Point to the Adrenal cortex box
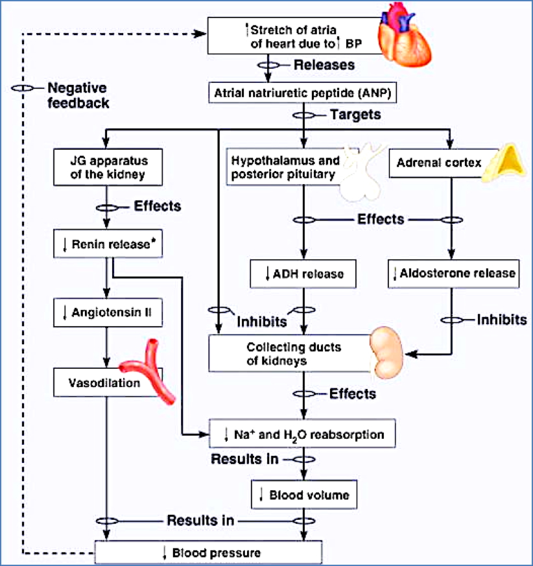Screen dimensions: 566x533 [441, 163]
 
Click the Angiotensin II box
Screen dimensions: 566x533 [106, 314]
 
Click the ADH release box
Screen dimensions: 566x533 [305, 274]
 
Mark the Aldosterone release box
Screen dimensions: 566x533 [454, 273]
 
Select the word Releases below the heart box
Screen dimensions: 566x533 [324, 65]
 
